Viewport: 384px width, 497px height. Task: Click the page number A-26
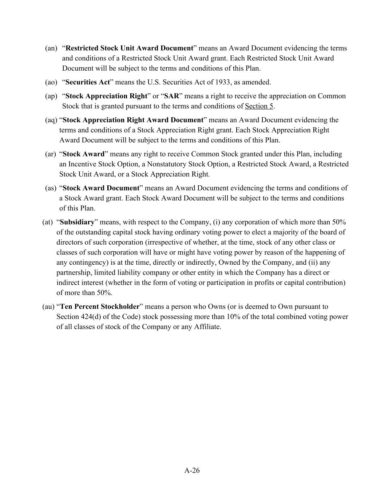click(192, 470)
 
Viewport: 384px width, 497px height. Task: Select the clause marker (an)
click(51, 48)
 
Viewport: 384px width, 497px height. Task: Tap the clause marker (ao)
click(51, 82)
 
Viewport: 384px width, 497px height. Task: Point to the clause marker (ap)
click(51, 96)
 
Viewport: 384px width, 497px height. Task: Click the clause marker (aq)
click(51, 120)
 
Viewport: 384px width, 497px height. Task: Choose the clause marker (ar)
click(51, 154)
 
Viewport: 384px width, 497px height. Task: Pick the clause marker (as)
click(51, 188)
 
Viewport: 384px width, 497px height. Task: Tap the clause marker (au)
click(48, 307)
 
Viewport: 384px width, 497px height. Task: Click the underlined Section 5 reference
click(259, 106)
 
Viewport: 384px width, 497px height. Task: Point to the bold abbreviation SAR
click(172, 96)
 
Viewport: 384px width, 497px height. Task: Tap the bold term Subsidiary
click(77, 222)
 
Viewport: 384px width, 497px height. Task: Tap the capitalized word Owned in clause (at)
click(228, 263)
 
